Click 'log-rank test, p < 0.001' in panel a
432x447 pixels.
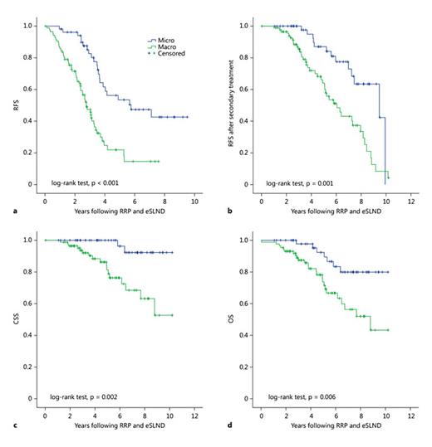coord(86,182)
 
